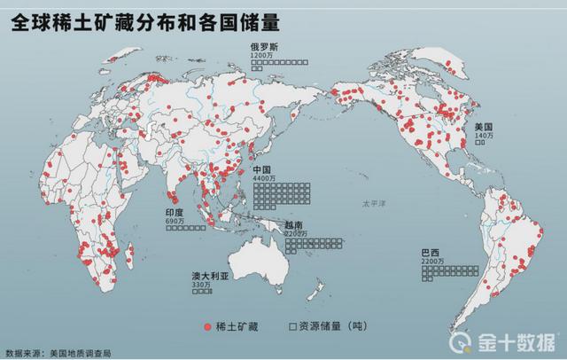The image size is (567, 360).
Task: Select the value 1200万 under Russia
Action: click(x=261, y=55)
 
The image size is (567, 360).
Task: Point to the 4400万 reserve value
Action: click(x=263, y=180)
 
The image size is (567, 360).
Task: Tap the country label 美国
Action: click(x=484, y=128)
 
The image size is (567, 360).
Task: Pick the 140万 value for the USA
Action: click(x=483, y=136)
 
